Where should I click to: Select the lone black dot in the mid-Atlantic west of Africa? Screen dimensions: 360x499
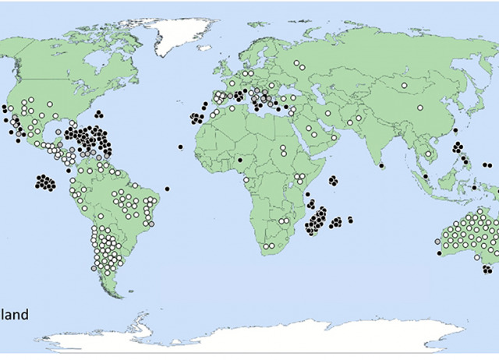point(180,146)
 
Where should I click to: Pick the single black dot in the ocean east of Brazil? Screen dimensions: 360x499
point(168,188)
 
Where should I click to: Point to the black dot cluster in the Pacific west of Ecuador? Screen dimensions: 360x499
point(45,183)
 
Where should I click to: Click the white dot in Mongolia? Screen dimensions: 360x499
point(405,85)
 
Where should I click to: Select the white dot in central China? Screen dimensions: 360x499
point(419,108)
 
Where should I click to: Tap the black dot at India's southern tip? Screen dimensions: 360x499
point(381,165)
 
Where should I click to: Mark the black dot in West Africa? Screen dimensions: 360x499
point(240,160)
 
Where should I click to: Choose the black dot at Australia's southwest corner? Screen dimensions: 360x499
point(439,252)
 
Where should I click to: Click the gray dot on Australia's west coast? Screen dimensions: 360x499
point(437,241)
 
